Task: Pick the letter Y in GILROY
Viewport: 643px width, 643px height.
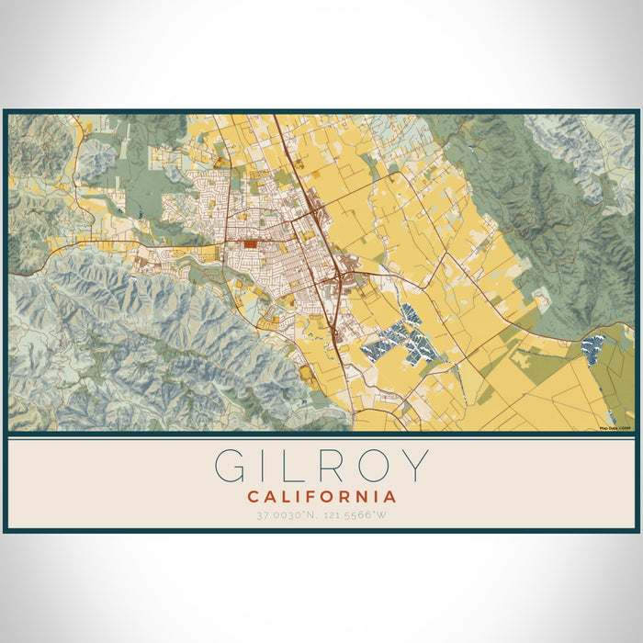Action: (x=413, y=466)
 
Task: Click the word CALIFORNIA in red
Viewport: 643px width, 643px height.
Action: (x=321, y=497)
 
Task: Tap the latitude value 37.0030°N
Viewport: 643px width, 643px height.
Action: (x=288, y=515)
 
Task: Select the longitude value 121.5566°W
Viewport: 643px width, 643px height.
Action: (x=356, y=515)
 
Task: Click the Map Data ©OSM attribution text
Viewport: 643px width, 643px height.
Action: (x=615, y=427)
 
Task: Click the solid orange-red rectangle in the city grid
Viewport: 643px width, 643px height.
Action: (x=251, y=244)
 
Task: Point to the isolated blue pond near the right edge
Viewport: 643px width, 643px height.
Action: (x=594, y=348)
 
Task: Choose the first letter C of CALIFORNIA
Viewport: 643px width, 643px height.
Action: (x=253, y=497)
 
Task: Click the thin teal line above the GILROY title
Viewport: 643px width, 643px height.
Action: (x=321, y=439)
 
